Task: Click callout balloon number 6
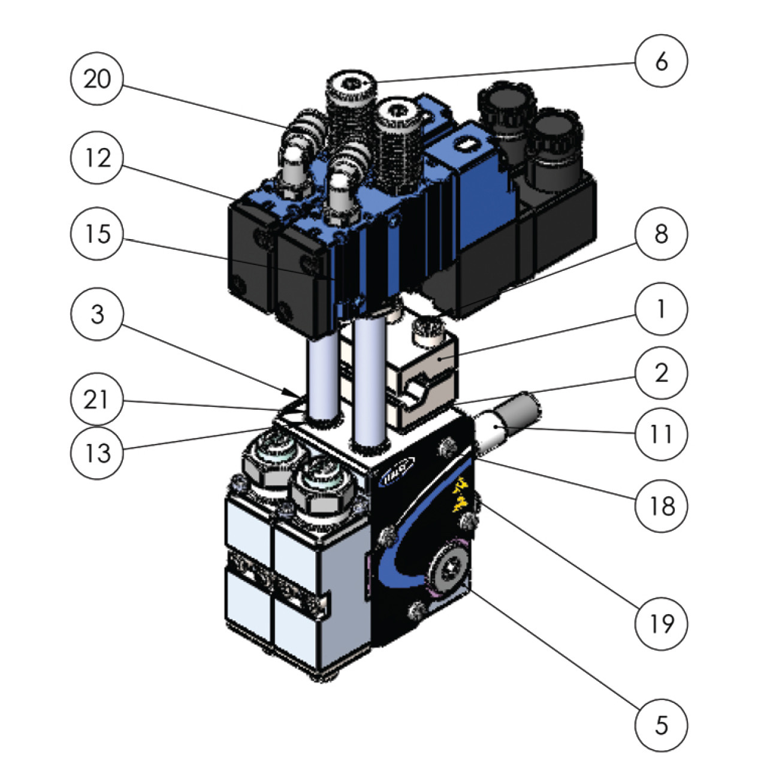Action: tap(662, 61)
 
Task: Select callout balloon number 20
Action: tap(97, 79)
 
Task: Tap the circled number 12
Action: tap(97, 159)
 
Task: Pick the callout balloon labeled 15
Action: tap(97, 234)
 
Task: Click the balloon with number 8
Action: tap(662, 234)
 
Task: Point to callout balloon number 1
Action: tap(662, 310)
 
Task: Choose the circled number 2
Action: tap(662, 373)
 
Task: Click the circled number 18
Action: tap(662, 506)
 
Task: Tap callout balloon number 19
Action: tap(662, 624)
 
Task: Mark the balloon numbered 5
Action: tap(662, 726)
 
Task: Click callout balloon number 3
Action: tap(97, 315)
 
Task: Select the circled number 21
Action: tap(97, 400)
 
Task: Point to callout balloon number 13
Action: tap(97, 452)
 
